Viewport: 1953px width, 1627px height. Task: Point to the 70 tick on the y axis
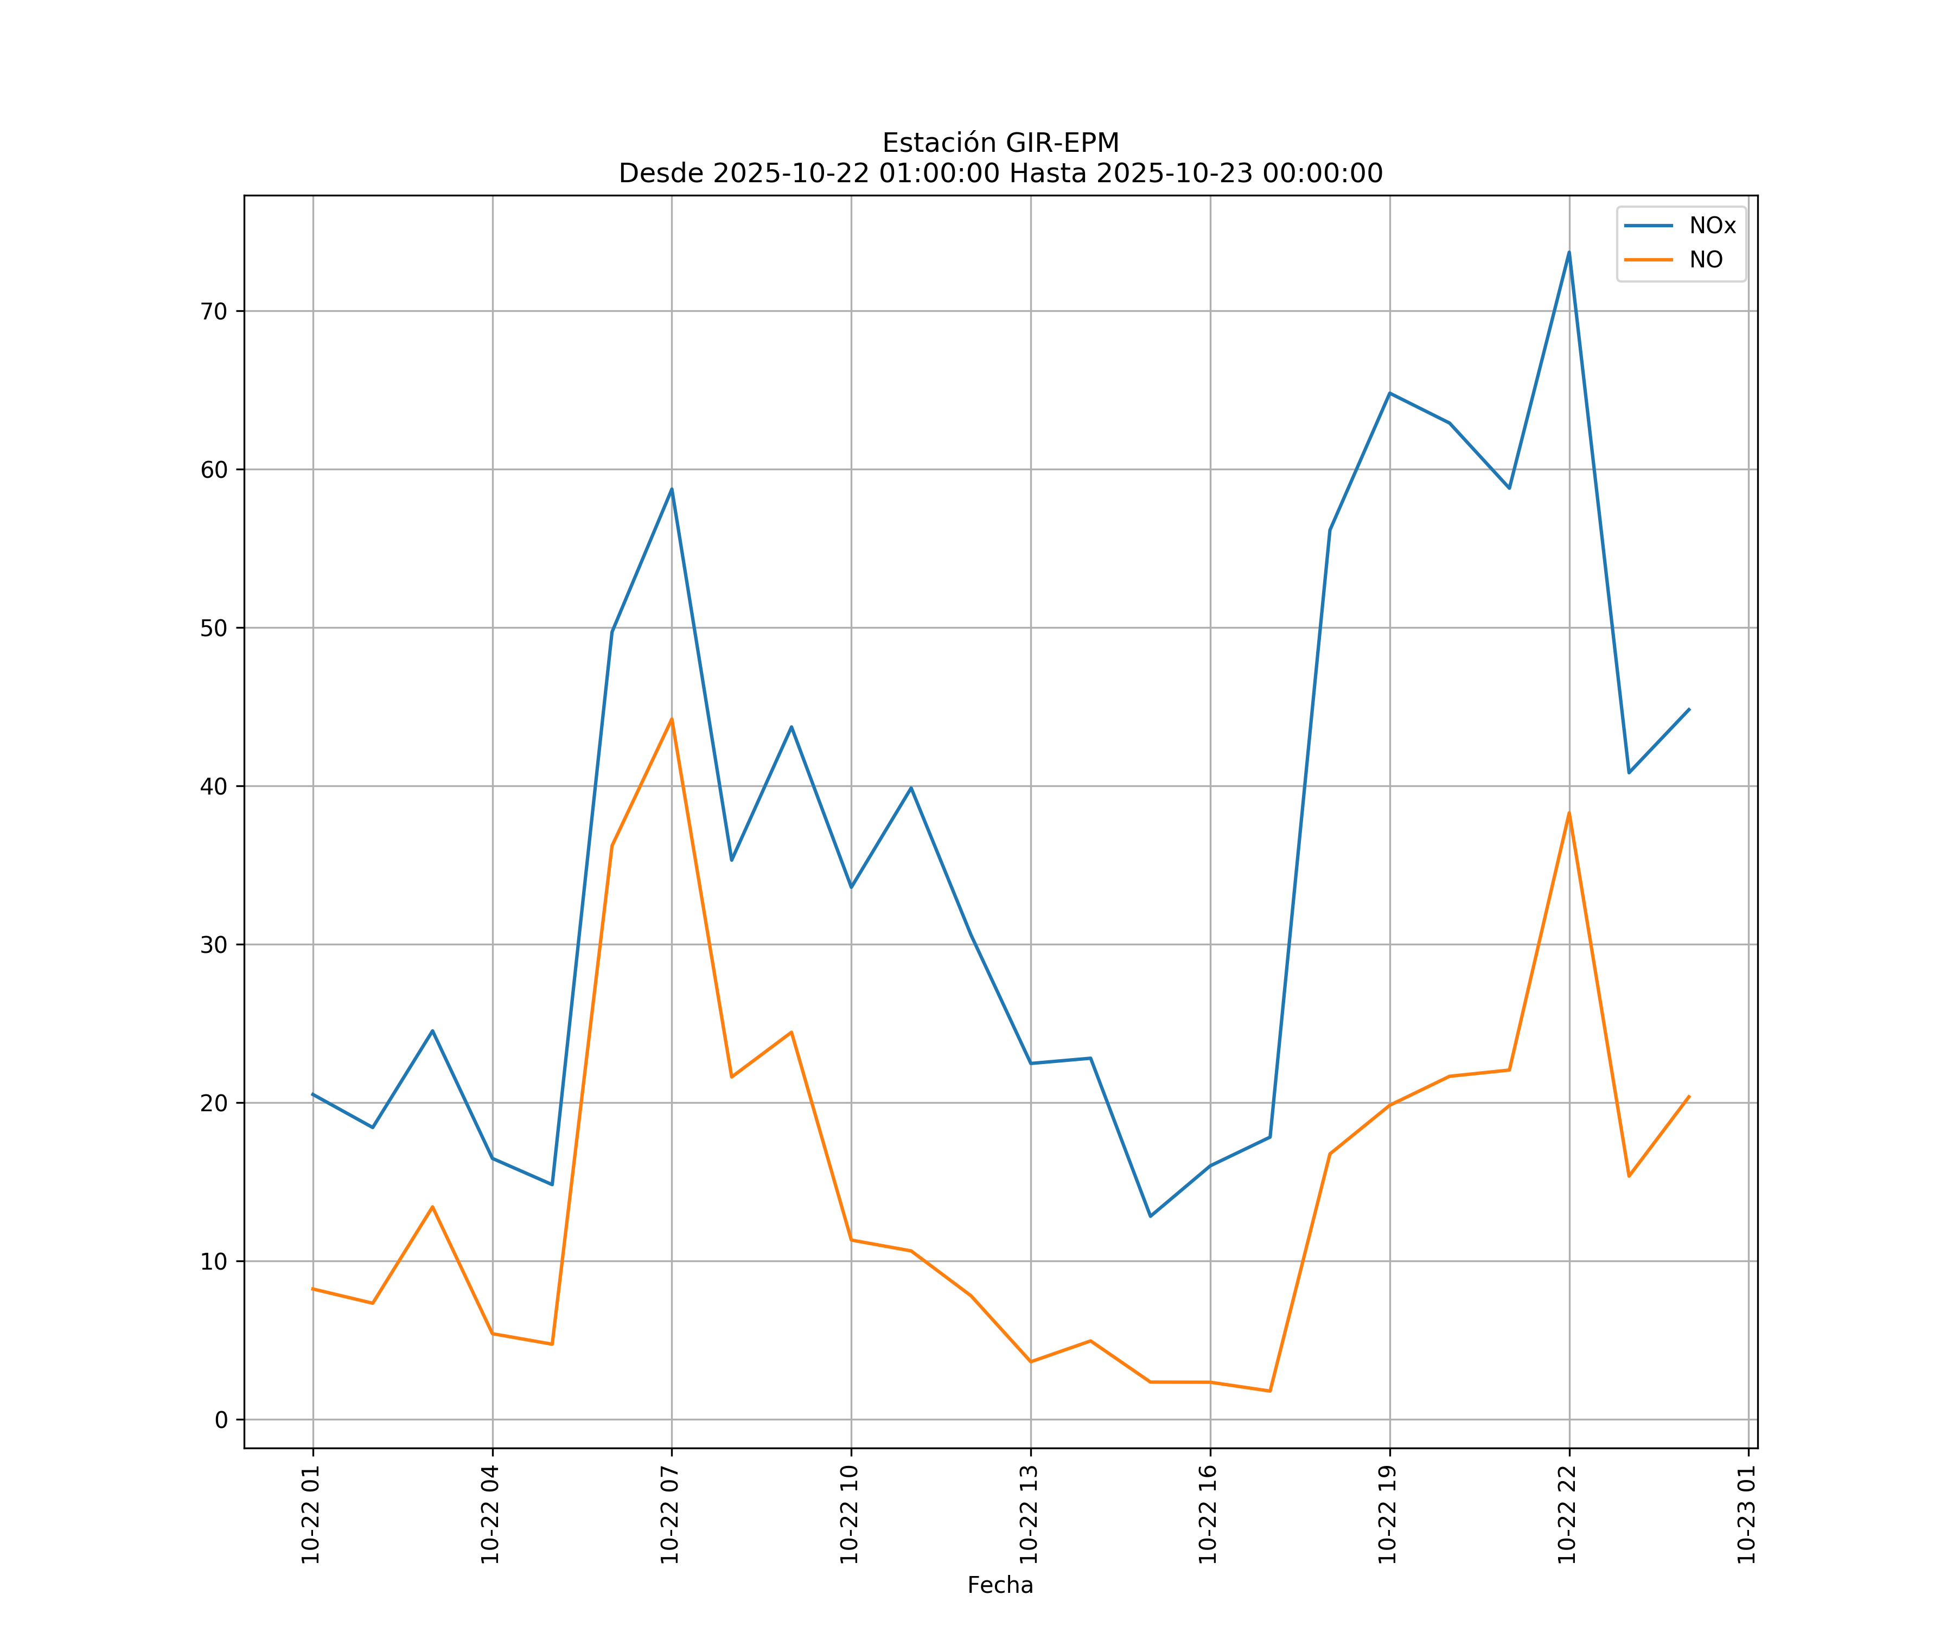214,311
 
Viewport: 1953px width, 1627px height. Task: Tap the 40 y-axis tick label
214,786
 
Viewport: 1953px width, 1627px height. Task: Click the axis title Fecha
1000,1585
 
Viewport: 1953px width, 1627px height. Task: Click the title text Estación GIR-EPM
1000,143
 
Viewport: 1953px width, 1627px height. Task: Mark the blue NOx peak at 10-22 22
1569,252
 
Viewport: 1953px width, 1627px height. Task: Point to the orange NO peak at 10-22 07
672,719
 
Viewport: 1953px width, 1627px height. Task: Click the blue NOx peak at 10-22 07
672,489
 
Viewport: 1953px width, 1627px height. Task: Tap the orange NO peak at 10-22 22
1569,813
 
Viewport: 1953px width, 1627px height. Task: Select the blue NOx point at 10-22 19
1389,393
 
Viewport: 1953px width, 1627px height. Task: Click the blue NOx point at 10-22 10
851,887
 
